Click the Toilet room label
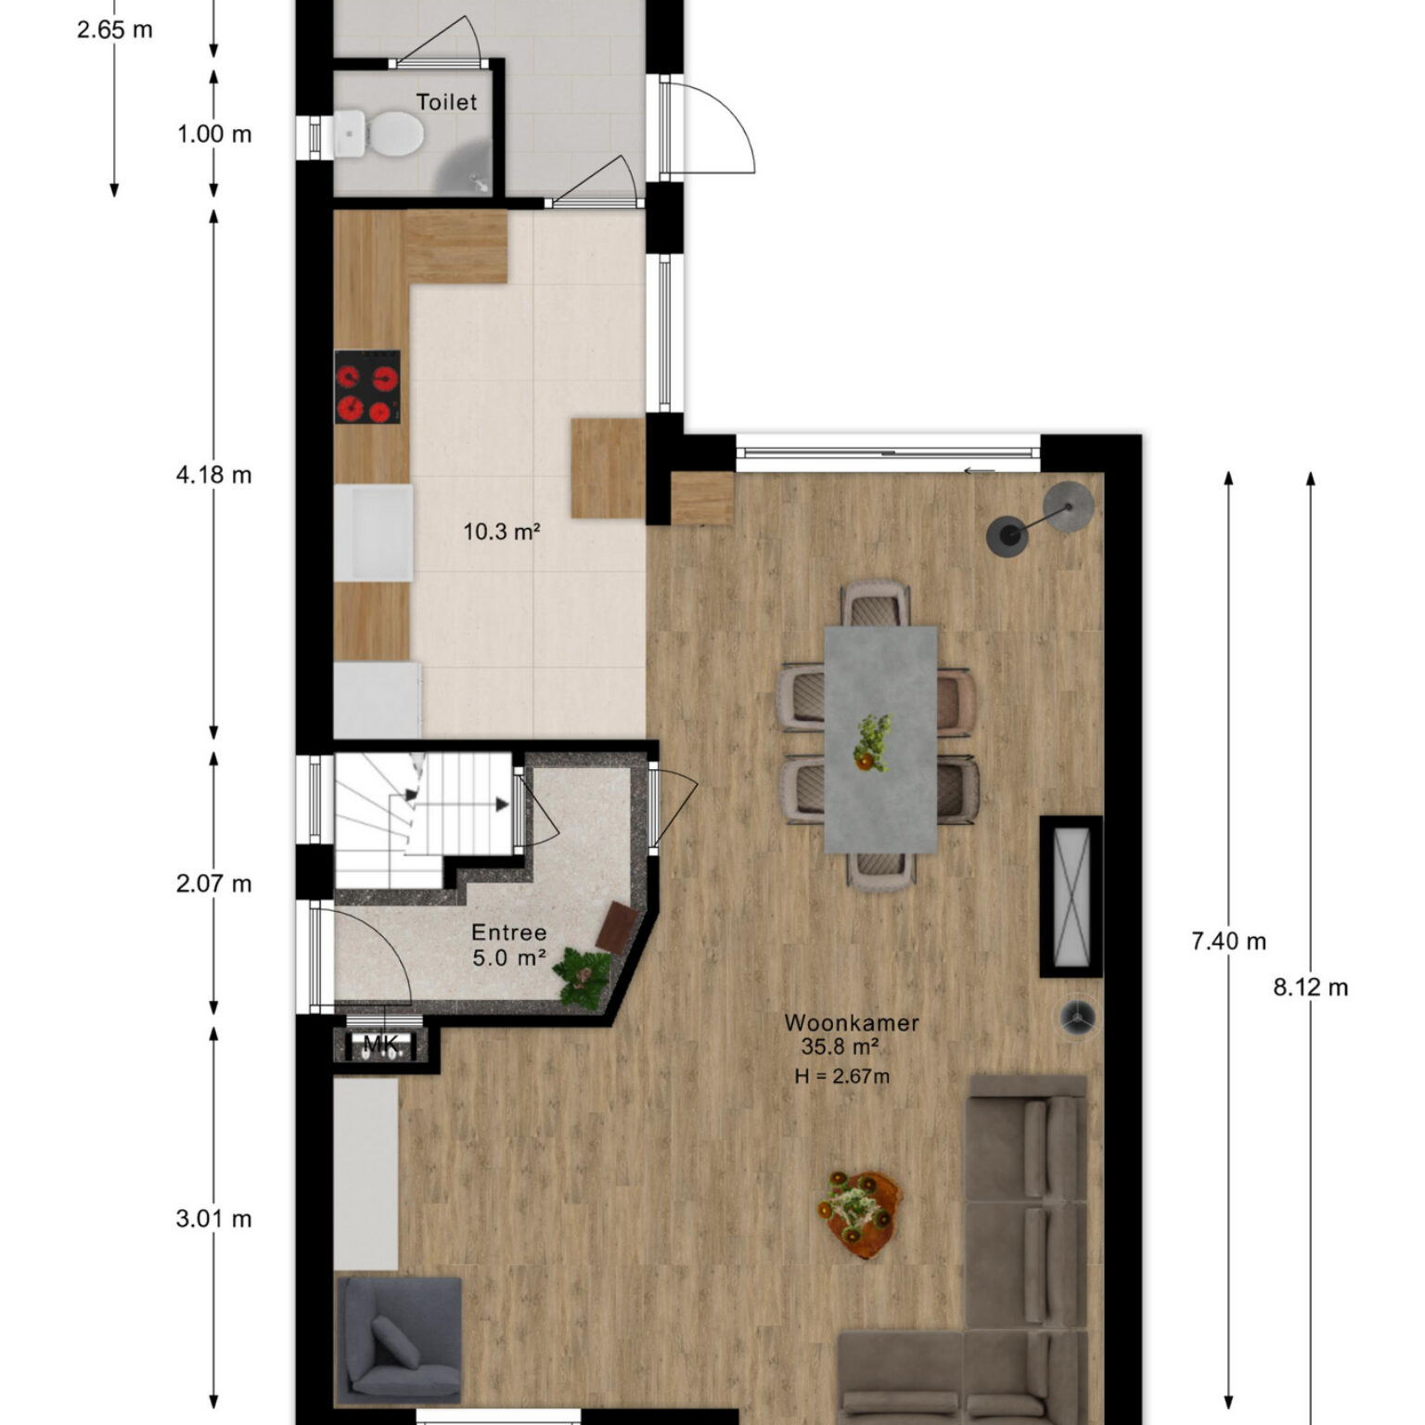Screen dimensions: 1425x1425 point(446,102)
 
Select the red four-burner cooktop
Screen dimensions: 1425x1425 point(367,387)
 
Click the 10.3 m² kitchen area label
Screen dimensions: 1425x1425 point(502,532)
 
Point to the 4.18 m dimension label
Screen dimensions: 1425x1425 point(214,475)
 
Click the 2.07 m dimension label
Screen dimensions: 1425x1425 point(214,884)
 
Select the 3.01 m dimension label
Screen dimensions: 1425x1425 point(214,1219)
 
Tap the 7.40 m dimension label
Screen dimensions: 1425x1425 point(1229,942)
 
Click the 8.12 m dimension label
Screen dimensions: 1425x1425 point(1311,987)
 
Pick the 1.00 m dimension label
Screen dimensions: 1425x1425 point(214,135)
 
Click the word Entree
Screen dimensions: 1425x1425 point(509,932)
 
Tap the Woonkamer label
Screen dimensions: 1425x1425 point(852,1022)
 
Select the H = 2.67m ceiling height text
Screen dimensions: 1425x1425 point(842,1076)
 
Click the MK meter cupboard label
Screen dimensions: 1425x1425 point(381,1045)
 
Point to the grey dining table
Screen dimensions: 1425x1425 point(880,739)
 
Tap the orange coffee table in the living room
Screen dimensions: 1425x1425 point(860,1213)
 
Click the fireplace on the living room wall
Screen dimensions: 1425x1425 point(1072,896)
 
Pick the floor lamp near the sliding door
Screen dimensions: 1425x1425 point(1041,520)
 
